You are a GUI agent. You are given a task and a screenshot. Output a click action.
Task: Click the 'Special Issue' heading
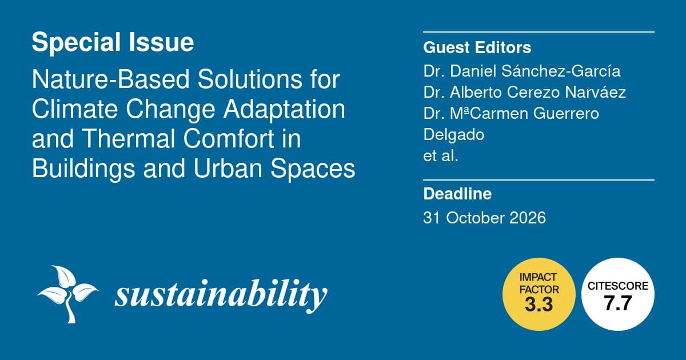tap(113, 43)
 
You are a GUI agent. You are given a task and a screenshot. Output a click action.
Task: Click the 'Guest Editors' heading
tap(477, 47)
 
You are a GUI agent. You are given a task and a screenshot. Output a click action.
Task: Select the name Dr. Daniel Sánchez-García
tap(522, 72)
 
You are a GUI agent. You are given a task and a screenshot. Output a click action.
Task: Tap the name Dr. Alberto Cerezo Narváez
tap(525, 93)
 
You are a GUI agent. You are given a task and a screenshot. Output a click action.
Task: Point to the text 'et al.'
tap(441, 155)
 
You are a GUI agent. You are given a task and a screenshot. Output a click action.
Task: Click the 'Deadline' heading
tap(457, 194)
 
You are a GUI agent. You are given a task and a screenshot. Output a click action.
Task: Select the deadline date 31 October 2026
tap(484, 218)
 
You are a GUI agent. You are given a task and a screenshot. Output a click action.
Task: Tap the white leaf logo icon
tap(66, 293)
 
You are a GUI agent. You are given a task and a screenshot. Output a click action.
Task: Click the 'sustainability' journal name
tap(221, 295)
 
